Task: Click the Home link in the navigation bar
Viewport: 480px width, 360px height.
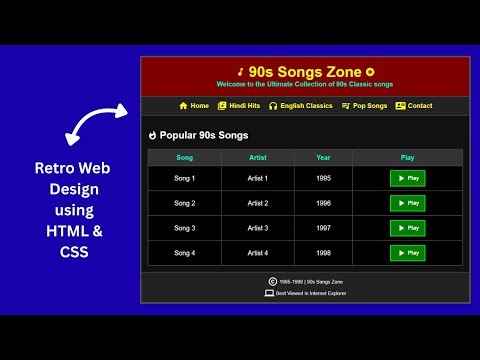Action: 194,105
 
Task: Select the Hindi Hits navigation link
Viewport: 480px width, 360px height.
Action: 238,105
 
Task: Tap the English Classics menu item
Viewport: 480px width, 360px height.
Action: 300,105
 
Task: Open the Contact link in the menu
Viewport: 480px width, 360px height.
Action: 414,105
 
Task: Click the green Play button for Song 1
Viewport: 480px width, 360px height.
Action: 407,178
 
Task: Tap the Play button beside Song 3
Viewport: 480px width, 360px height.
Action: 407,228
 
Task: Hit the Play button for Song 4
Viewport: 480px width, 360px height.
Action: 407,253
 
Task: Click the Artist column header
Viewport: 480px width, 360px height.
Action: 258,157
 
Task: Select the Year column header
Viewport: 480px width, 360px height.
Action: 323,157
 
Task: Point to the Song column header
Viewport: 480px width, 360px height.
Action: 185,157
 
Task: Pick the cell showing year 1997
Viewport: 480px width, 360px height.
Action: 323,228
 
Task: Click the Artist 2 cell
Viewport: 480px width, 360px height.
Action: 258,203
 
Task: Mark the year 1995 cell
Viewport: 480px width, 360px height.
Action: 323,178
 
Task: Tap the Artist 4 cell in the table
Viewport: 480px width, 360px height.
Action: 258,253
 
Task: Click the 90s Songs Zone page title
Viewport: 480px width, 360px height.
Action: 305,71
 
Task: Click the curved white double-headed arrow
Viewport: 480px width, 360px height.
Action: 95,125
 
